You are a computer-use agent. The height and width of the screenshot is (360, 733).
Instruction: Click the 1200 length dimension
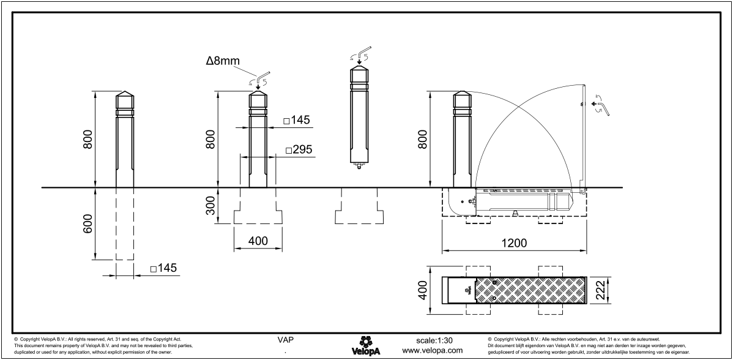pos(513,242)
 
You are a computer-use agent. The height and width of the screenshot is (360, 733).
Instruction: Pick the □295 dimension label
pos(299,150)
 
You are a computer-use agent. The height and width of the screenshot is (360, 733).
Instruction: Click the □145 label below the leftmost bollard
pos(163,269)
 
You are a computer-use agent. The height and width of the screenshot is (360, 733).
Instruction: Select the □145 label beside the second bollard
pos(297,121)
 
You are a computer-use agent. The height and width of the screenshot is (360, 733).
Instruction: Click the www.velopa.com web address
pos(433,350)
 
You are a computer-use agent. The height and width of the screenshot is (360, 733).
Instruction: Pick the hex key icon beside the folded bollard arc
pos(603,108)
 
